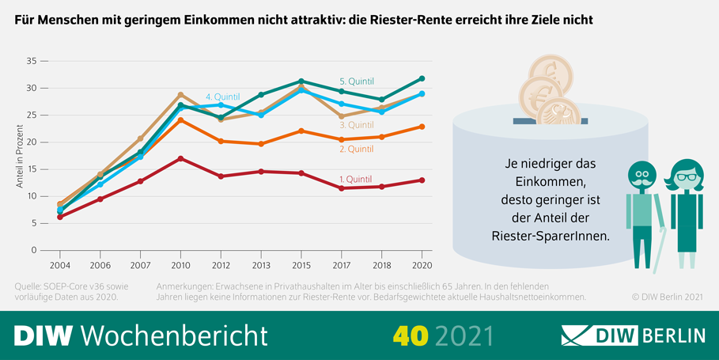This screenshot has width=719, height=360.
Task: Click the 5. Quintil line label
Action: click(356, 81)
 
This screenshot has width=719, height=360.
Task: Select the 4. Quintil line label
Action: click(222, 97)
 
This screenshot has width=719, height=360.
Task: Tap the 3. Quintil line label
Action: click(356, 125)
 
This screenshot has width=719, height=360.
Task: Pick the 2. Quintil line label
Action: click(356, 149)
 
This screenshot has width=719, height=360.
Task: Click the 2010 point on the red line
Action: click(180, 158)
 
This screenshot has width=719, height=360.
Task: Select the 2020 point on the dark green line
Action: click(422, 78)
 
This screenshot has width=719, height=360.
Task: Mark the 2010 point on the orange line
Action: click(180, 120)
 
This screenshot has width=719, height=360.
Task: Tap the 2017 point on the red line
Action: click(341, 188)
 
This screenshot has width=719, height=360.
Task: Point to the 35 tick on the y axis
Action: click(32, 61)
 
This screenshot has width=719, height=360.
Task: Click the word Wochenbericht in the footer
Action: click(175, 334)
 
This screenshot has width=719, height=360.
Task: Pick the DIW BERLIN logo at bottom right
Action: click(633, 335)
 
